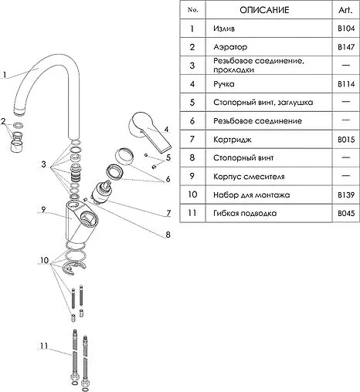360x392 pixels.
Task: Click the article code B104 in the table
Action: pos(346,29)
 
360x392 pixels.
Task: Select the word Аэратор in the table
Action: pos(230,47)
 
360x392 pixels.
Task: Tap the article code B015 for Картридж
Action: pos(346,140)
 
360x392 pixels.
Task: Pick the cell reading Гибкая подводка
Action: pos(245,213)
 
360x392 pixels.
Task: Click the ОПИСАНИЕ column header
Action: pos(264,10)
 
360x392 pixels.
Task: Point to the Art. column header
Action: pos(345,10)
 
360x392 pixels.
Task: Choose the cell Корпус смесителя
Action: pos(249,177)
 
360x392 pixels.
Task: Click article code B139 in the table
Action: pos(346,195)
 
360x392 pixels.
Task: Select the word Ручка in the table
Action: pos(224,84)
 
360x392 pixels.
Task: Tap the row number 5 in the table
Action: pos(192,103)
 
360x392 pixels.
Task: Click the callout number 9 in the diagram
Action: pos(43,210)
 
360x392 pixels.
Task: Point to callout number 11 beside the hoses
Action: pos(44,346)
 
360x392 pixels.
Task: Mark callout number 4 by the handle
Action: pos(166,129)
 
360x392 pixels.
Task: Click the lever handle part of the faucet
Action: pos(149,132)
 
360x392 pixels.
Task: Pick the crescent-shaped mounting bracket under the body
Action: pos(73,267)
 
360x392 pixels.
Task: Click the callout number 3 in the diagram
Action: pos(43,164)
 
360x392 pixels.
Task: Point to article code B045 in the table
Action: pos(346,214)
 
